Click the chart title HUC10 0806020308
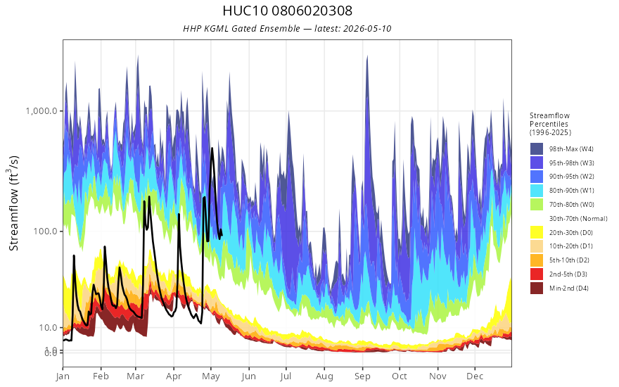[287, 11]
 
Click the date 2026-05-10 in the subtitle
[366, 28]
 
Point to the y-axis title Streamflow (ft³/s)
[13, 203]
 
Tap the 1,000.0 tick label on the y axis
[42, 110]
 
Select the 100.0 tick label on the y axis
[46, 231]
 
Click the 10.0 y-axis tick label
[49, 327]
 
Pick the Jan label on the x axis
[63, 376]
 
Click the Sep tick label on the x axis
[362, 376]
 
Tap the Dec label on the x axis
[475, 376]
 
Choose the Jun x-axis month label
[249, 376]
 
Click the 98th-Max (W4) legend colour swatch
[537, 149]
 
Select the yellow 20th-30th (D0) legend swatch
[537, 232]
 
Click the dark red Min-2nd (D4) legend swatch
[537, 288]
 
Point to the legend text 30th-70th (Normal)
[578, 218]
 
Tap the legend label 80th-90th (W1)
[572, 191]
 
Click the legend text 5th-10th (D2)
[569, 260]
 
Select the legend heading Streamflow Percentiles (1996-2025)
[550, 124]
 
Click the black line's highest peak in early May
[212, 148]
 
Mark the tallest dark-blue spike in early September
[367, 56]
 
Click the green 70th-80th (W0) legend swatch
[537, 204]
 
